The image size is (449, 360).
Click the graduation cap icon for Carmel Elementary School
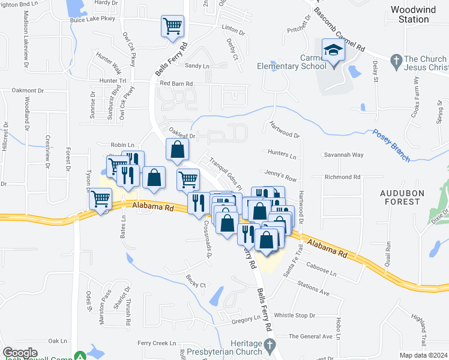point(332,50)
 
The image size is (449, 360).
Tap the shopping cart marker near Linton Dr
point(172,26)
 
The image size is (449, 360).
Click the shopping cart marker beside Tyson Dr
point(101,199)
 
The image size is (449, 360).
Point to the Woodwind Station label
point(409,14)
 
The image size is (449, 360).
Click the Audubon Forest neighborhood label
point(400,197)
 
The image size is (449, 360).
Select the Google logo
point(20,353)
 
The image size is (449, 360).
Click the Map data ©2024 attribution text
point(423,355)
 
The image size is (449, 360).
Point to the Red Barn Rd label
point(176,84)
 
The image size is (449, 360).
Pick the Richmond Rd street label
point(342,178)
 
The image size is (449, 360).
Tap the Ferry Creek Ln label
point(155,343)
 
